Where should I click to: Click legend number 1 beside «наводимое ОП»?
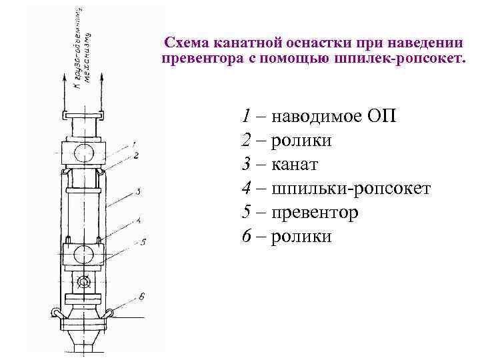(x=247, y=117)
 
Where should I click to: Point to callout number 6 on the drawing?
(x=141, y=295)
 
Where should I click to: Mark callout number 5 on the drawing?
(x=143, y=241)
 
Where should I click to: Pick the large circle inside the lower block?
(x=84, y=254)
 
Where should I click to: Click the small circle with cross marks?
(x=83, y=283)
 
